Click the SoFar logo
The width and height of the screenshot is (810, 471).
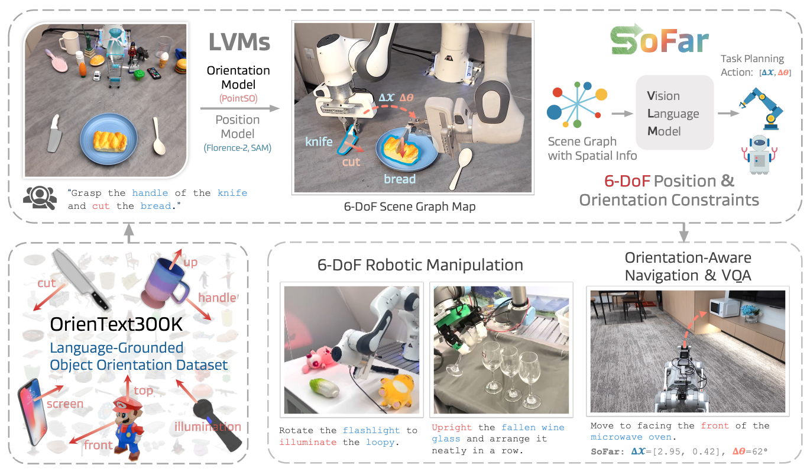tap(659, 40)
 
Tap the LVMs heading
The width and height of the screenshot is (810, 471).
tap(239, 42)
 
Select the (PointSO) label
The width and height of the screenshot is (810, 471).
tap(238, 98)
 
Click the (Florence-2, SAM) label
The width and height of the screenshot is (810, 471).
tap(238, 148)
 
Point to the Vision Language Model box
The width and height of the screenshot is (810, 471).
tap(675, 112)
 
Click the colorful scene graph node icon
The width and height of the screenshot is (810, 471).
tap(577, 105)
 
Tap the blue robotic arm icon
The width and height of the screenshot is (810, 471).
tap(761, 109)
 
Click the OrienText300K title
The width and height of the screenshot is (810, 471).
tap(116, 324)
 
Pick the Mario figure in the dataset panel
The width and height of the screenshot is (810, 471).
tap(128, 428)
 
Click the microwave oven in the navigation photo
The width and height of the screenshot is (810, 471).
tap(724, 308)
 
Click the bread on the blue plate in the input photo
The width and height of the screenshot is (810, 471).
tap(110, 141)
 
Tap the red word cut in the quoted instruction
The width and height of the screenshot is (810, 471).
tap(101, 206)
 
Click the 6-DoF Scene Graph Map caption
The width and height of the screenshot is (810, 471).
tap(409, 207)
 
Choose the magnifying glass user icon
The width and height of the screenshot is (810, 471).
tap(40, 198)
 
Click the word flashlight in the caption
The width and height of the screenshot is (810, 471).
tap(371, 430)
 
